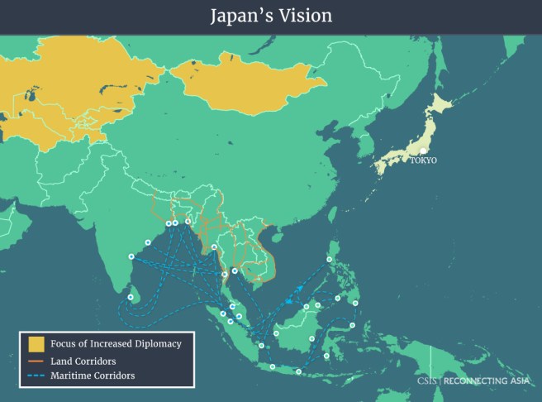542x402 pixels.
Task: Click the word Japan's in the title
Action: (x=240, y=16)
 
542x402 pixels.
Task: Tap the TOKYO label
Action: (x=423, y=160)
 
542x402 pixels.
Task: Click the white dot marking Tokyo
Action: (x=421, y=151)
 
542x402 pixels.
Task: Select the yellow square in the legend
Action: (x=36, y=343)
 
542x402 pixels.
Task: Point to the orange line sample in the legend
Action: (x=36, y=361)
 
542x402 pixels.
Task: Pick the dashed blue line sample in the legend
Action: (x=36, y=376)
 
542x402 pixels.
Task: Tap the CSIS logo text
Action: (x=428, y=381)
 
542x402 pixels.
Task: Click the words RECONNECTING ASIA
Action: (x=488, y=381)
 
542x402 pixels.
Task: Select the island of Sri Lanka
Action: (x=134, y=291)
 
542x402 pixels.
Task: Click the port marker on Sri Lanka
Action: (x=131, y=296)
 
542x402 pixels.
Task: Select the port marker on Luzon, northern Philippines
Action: (x=330, y=259)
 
